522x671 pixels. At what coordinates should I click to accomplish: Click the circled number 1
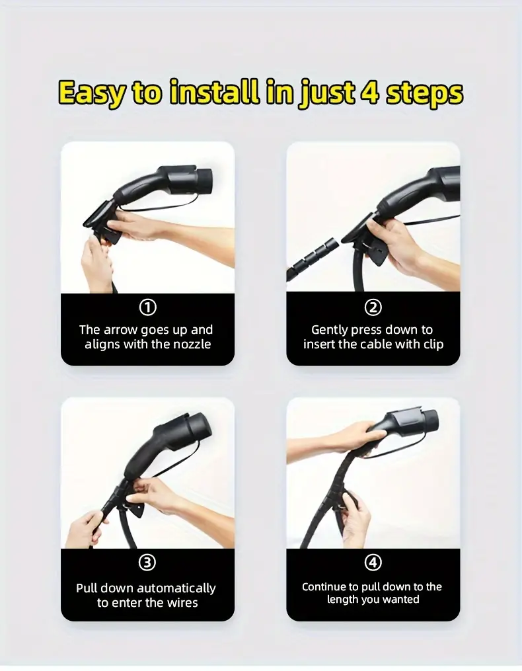click(x=147, y=307)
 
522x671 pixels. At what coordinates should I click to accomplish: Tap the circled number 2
click(x=373, y=307)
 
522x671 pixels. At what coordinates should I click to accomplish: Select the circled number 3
click(x=147, y=563)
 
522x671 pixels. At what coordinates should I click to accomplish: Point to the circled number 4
click(x=373, y=563)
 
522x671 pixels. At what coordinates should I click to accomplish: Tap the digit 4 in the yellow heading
click(x=369, y=91)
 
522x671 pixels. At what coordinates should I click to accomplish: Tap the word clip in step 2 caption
click(x=433, y=344)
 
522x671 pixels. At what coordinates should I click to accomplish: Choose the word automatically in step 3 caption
click(x=176, y=588)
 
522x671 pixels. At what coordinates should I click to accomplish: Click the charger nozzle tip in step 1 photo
click(x=205, y=180)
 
